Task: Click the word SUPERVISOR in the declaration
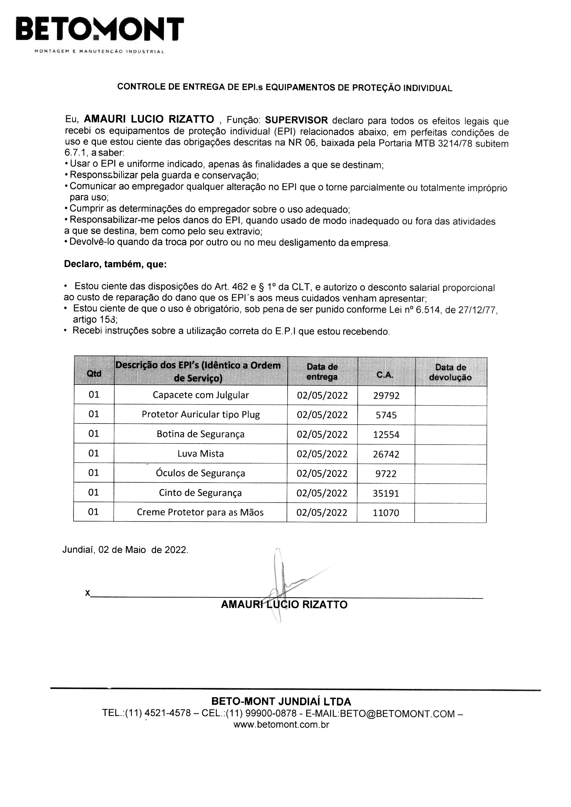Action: (296, 120)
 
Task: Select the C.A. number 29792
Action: (386, 396)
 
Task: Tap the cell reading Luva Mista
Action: (201, 454)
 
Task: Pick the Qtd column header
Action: (94, 373)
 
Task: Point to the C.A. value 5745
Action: (386, 416)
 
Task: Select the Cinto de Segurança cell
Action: (200, 493)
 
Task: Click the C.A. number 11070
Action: (386, 513)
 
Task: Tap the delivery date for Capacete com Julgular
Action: (322, 396)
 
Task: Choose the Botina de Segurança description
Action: (201, 435)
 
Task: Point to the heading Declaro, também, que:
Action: (115, 264)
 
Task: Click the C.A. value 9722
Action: (386, 474)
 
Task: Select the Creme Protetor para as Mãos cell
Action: (200, 513)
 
